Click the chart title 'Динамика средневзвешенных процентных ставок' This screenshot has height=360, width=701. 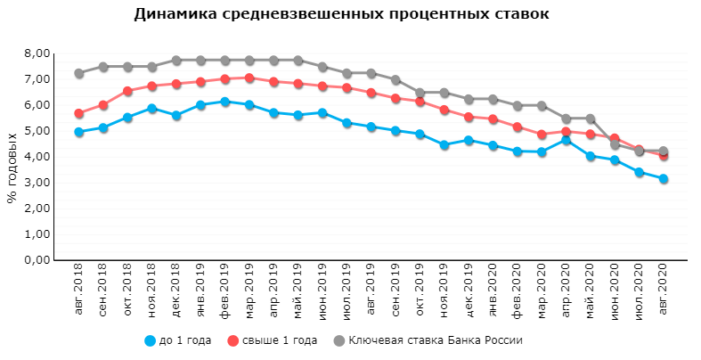[341, 14]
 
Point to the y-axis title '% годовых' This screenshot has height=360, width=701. [12, 168]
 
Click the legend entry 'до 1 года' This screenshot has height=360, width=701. [179, 340]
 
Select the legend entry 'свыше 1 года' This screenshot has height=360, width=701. [272, 340]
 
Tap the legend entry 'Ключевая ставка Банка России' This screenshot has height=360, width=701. [426, 340]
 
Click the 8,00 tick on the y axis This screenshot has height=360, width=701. [35, 53]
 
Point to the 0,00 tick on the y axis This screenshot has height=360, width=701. [35, 260]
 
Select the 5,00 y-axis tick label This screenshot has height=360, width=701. [35, 131]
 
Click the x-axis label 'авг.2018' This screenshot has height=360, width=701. [79, 287]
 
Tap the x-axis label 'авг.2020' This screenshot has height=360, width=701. [663, 287]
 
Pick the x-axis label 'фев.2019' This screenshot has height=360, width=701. [225, 287]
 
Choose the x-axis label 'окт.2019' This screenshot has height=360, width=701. [420, 287]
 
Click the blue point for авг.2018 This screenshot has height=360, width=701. [79, 132]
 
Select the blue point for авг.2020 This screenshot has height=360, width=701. [663, 179]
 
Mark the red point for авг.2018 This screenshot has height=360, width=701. [79, 114]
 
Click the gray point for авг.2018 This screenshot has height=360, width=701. [79, 73]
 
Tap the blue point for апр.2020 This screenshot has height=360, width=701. [566, 141]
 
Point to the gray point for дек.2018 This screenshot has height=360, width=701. [176, 61]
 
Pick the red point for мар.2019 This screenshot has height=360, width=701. [249, 78]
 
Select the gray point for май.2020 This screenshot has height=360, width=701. [590, 119]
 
